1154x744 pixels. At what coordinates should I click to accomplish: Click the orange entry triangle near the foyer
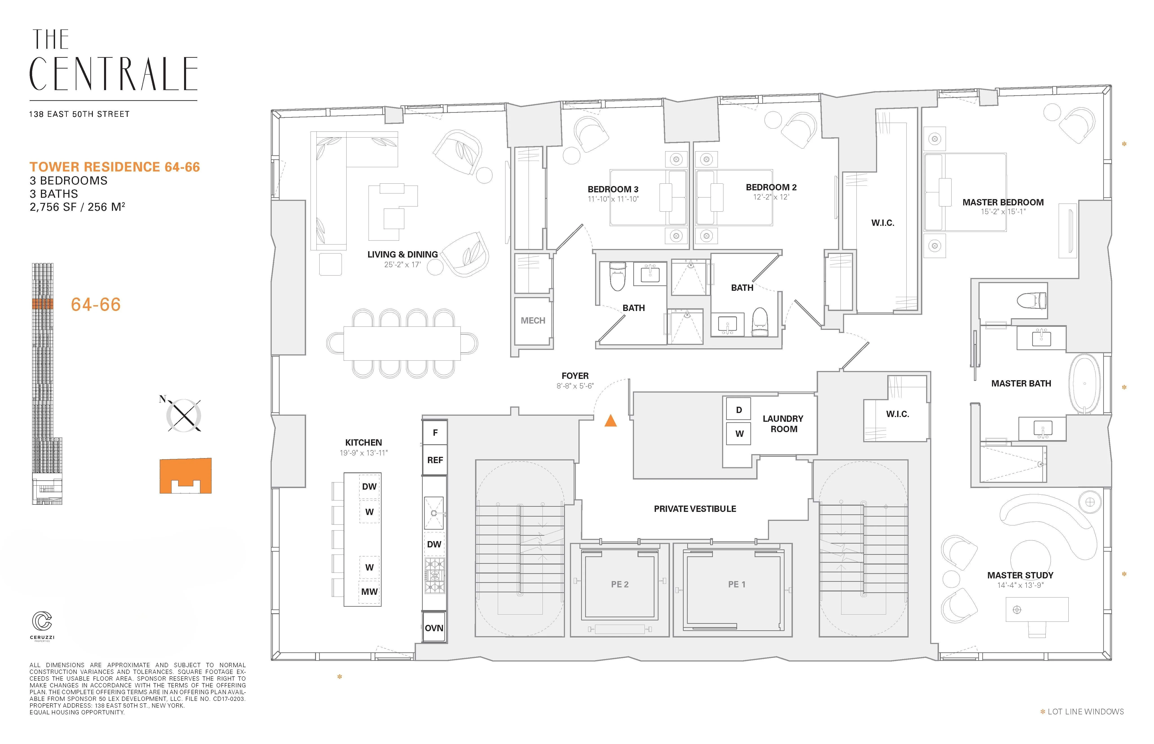611,421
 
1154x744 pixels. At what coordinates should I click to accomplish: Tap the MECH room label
533,320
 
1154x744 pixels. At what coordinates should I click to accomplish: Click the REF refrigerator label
435,460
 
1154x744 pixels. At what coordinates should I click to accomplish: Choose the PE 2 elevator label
620,584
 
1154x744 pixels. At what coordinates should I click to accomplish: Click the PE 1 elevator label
737,584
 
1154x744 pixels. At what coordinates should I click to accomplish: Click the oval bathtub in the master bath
1084,384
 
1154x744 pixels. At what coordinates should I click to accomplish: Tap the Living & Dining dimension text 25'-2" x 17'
402,265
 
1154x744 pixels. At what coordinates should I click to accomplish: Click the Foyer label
575,376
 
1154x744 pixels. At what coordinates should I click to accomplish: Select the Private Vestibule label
695,509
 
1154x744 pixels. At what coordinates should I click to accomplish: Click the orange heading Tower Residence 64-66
114,167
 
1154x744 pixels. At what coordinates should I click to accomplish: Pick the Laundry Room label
783,424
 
